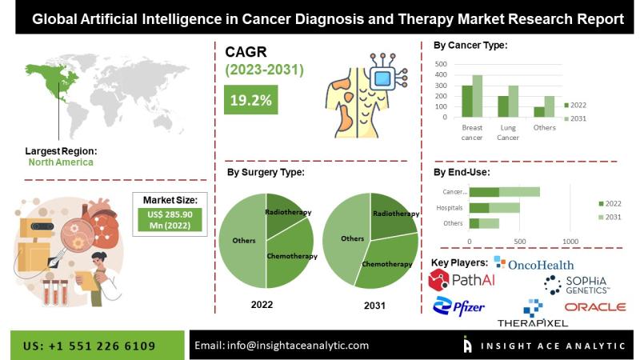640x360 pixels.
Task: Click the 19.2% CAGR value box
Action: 250,99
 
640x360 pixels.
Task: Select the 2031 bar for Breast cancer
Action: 477,96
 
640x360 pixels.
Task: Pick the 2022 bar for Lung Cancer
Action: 503,106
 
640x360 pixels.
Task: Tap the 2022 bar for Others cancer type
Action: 539,112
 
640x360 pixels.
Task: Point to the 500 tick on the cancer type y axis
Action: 441,64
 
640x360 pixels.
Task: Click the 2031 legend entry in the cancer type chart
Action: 575,118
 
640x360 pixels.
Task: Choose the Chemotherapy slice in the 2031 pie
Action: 386,262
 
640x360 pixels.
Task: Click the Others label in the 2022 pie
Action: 244,241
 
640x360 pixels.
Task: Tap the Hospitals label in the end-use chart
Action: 450,208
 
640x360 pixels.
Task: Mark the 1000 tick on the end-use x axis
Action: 570,242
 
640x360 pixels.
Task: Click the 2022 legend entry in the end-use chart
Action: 610,204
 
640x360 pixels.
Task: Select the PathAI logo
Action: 462,279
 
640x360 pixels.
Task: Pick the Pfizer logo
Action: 458,307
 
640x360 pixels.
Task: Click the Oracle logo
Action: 595,307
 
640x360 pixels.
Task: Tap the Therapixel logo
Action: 533,314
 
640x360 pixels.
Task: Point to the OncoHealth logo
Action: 534,264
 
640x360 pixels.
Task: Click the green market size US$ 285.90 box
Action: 170,220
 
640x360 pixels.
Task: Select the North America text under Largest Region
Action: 61,162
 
